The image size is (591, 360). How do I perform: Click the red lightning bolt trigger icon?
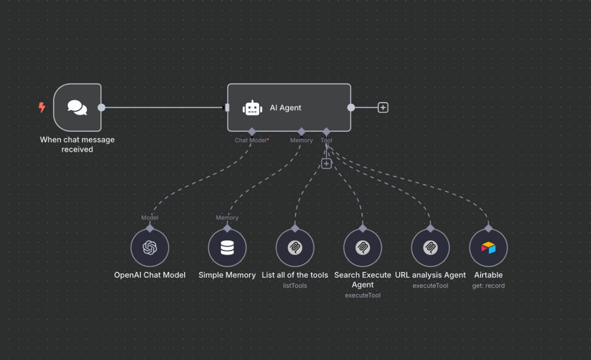point(42,107)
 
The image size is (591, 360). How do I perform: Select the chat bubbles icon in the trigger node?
point(77,107)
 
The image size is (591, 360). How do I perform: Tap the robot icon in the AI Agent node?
point(253,108)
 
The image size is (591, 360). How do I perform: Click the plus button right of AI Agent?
point(383,107)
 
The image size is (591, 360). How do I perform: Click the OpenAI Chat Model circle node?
point(150,248)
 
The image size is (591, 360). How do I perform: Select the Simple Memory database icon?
point(227,248)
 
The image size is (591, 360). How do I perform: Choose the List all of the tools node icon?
point(295,248)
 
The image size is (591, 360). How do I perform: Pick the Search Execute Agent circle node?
point(363,248)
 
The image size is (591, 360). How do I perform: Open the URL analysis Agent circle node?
point(430,248)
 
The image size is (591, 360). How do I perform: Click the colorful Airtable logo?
point(489,248)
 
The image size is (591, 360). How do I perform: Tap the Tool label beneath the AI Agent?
point(327,140)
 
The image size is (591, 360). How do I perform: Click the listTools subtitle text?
point(295,286)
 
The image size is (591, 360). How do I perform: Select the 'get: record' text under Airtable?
point(489,286)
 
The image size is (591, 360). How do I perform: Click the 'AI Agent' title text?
point(286,107)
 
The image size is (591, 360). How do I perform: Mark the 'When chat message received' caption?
point(77,144)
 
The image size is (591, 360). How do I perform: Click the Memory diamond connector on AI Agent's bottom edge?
point(301,131)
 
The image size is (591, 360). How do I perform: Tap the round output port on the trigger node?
point(101,107)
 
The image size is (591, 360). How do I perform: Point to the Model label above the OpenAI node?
point(150,218)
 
